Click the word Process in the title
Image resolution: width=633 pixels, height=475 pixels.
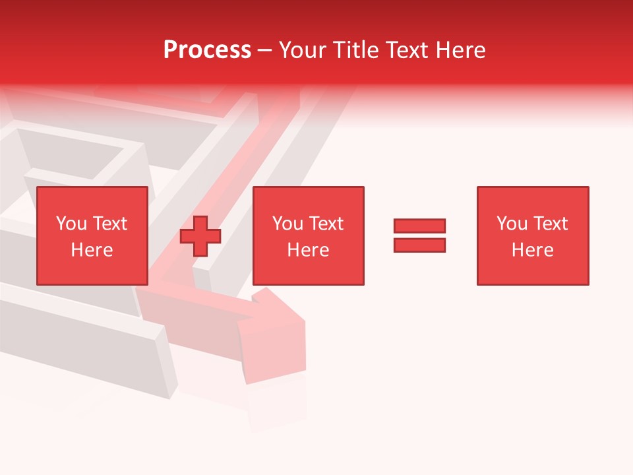click(207, 50)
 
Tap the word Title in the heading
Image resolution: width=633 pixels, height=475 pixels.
click(356, 50)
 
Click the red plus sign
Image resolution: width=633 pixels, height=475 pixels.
click(200, 236)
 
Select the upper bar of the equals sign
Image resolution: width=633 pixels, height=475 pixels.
click(419, 226)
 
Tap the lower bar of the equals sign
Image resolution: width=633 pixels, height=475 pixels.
click(419, 245)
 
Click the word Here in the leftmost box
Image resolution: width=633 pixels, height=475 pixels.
click(92, 250)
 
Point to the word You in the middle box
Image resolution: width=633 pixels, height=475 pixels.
click(287, 224)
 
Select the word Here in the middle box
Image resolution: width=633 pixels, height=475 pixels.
click(308, 250)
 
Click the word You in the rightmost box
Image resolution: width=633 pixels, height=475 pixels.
click(512, 224)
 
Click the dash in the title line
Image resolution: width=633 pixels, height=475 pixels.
click(264, 50)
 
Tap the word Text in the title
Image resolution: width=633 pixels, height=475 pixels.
click(407, 50)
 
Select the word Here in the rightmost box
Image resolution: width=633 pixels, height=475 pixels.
click(532, 250)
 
